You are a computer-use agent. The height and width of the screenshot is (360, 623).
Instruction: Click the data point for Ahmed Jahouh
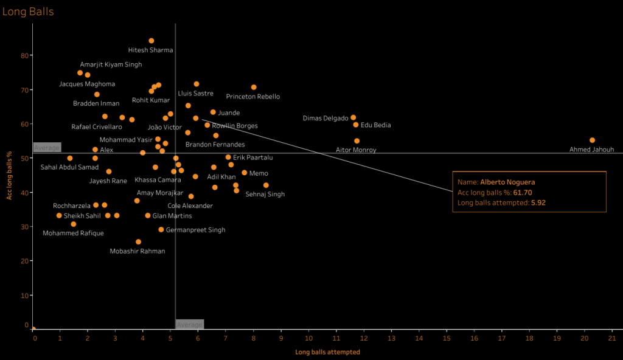coord(592,140)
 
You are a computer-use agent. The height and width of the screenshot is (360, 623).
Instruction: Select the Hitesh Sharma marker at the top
coord(151,41)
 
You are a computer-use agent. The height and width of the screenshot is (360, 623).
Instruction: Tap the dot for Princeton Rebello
coord(254,88)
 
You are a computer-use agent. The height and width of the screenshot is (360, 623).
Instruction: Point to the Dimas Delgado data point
coord(353,117)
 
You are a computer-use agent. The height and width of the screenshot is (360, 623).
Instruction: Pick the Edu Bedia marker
coord(356,125)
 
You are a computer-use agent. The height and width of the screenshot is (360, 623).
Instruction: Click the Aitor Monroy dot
coord(357,141)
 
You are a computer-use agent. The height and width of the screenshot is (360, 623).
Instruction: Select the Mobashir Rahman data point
coord(139,242)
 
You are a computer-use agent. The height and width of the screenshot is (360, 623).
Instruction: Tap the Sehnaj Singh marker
coord(266,185)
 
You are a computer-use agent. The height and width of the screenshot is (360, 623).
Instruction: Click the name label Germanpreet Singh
coord(195,230)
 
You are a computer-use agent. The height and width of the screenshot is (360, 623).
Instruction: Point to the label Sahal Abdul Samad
coord(69,167)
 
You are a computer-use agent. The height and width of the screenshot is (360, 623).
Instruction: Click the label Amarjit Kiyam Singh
coord(111,64)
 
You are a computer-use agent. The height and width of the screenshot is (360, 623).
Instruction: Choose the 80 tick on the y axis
coord(24,55)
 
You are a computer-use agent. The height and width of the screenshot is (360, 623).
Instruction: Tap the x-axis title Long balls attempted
coord(327,352)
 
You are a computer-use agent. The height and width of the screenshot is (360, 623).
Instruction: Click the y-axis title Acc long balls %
coord(9,176)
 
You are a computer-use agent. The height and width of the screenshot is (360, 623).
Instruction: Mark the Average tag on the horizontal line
coord(47,148)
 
